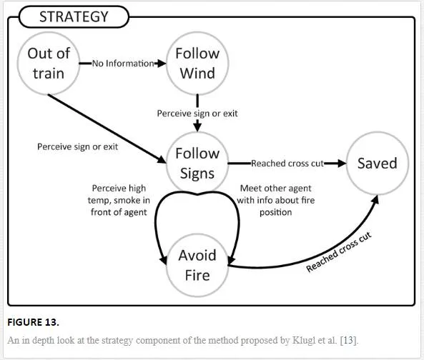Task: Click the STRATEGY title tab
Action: pos(74,16)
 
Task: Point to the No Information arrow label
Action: pos(123,64)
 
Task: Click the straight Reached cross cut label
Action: pos(287,164)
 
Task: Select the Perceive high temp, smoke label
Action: pos(119,200)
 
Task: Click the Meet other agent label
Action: pos(276,200)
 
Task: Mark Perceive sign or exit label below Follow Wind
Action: pos(197,114)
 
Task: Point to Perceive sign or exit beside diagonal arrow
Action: pos(78,146)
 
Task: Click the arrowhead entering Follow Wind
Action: pos(162,64)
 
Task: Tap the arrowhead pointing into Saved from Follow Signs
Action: pos(342,163)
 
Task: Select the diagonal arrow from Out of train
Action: pos(107,129)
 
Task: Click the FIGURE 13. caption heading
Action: pos(34,322)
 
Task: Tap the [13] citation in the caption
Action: pos(349,340)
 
